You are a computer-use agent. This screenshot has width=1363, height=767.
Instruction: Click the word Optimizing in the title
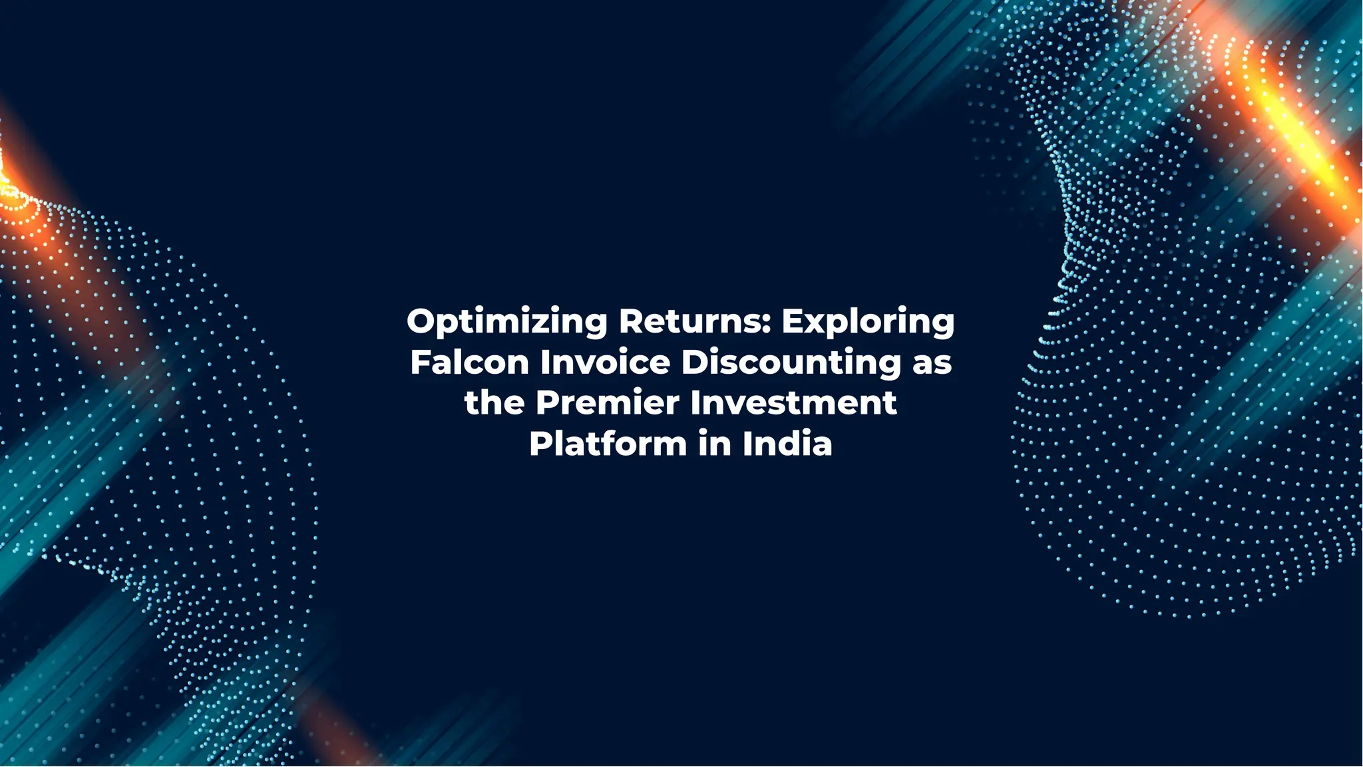click(x=506, y=322)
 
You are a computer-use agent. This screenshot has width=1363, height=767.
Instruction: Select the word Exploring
click(x=868, y=322)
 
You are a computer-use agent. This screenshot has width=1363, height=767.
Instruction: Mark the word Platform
click(x=608, y=444)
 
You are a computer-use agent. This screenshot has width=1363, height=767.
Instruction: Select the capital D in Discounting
click(x=695, y=363)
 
